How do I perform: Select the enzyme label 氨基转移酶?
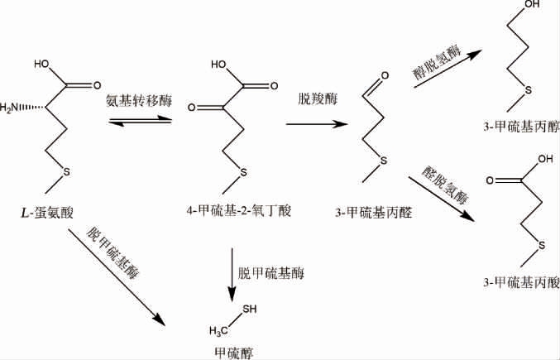pyautogui.click(x=138, y=99)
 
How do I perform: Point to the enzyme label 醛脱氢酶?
pyautogui.click(x=443, y=188)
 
